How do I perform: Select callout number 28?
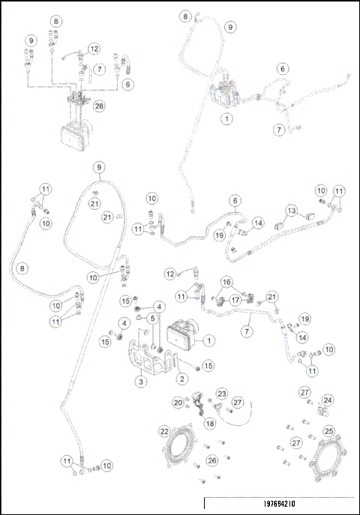(x=98, y=107)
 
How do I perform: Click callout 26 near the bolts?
(x=212, y=460)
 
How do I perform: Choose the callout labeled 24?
(x=327, y=400)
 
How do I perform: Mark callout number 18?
(x=209, y=423)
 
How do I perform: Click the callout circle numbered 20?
(x=178, y=403)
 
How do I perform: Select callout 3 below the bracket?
(x=140, y=381)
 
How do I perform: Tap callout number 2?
(x=181, y=379)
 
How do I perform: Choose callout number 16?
(x=226, y=281)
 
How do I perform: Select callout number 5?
(x=151, y=318)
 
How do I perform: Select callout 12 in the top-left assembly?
(x=93, y=48)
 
